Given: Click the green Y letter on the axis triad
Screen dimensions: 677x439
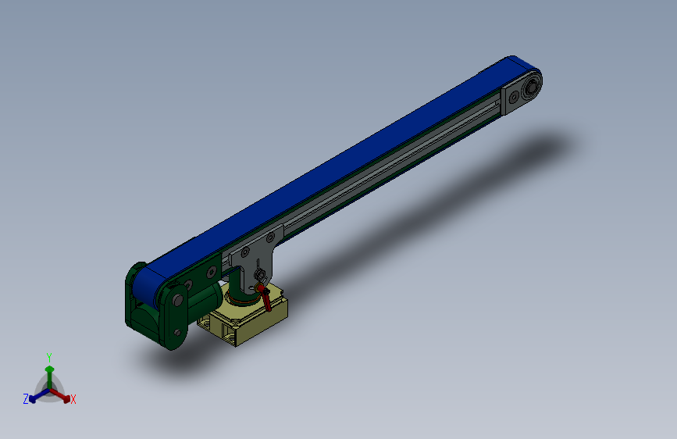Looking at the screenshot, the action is coord(49,358).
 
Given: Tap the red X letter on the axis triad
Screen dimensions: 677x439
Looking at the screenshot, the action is coord(73,399).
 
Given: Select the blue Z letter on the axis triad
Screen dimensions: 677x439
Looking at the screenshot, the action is coord(26,399).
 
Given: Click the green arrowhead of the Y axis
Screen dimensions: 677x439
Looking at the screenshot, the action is coord(50,369).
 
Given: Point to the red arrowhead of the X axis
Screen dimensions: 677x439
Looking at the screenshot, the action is coord(66,398).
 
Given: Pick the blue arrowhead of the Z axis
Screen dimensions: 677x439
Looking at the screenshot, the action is coord(32,398).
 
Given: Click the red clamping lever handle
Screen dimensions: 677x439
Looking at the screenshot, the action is coord(265,298).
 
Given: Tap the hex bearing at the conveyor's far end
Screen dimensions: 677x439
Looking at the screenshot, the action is coord(531,87).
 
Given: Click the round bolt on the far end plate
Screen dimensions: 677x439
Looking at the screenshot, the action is coord(514,97).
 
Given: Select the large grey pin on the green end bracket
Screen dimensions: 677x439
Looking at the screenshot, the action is coord(177,299).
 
